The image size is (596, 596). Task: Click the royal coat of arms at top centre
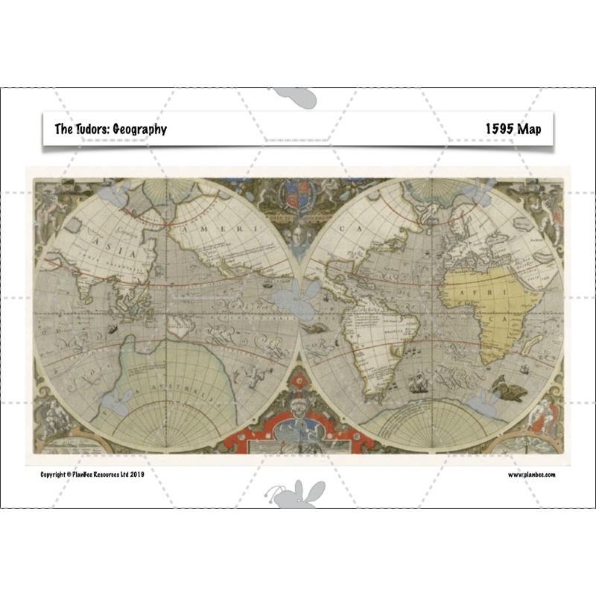(297, 196)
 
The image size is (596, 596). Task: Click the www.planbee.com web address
(532, 474)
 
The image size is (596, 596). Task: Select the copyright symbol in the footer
(69, 474)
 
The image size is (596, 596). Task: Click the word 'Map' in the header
(531, 129)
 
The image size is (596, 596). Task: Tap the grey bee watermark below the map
(297, 495)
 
